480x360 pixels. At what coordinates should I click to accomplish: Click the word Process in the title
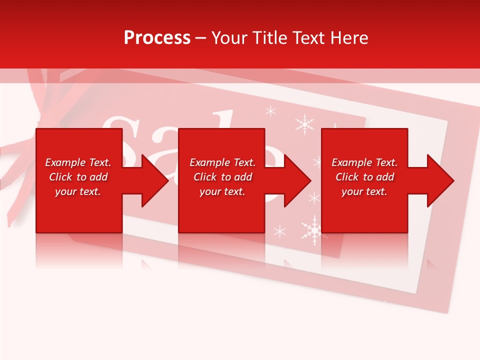click(157, 38)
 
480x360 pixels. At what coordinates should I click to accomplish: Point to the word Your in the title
click(229, 38)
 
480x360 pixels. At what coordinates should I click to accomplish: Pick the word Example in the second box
click(208, 162)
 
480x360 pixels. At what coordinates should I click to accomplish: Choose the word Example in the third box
click(350, 162)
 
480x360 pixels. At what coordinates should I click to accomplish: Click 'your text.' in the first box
click(78, 191)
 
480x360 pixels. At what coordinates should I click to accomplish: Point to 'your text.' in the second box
click(222, 191)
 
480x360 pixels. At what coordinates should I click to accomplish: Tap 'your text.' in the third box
click(364, 191)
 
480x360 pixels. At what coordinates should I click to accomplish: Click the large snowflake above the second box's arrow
click(304, 124)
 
